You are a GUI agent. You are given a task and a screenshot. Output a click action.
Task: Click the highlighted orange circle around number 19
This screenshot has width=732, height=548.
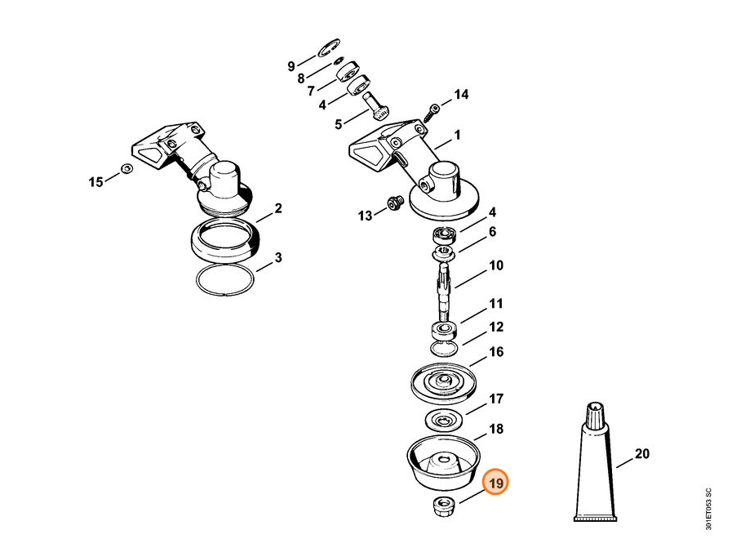point(495,483)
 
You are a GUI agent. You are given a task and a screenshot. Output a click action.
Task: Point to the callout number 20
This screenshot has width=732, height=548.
point(641,453)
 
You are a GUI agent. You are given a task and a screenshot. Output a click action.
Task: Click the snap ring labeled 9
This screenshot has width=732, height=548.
point(329,48)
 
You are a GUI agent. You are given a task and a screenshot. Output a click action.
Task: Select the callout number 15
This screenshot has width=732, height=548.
point(96,181)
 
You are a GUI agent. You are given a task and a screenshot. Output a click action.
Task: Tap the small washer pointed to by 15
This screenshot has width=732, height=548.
point(126,169)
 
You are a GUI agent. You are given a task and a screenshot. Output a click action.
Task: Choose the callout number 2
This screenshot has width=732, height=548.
point(278,208)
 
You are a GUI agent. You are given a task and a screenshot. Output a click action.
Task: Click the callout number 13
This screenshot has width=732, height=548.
point(365,216)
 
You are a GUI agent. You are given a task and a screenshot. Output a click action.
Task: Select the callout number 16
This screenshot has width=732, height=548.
point(495,352)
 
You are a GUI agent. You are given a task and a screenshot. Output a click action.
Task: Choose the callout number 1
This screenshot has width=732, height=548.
point(457,135)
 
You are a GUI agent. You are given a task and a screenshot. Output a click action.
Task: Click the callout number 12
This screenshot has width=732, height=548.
point(495,327)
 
